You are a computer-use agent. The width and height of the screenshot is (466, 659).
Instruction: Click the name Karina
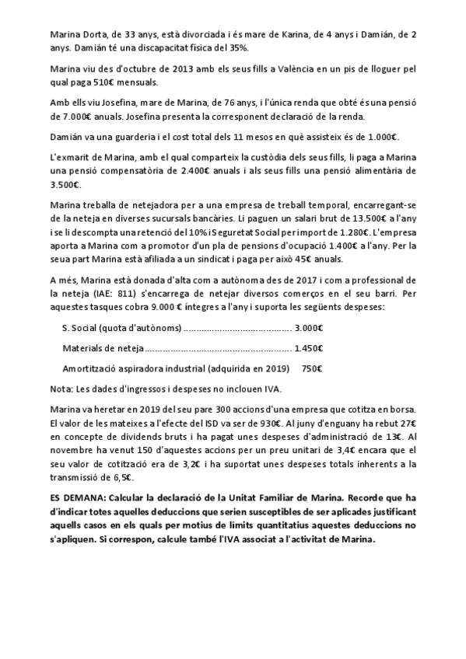(x=293, y=36)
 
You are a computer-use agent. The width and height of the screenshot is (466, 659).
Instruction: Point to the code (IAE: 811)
(x=102, y=291)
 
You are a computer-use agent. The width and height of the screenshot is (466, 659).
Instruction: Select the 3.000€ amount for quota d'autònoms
(x=309, y=326)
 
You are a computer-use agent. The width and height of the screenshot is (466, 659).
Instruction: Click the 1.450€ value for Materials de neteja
(x=309, y=347)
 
